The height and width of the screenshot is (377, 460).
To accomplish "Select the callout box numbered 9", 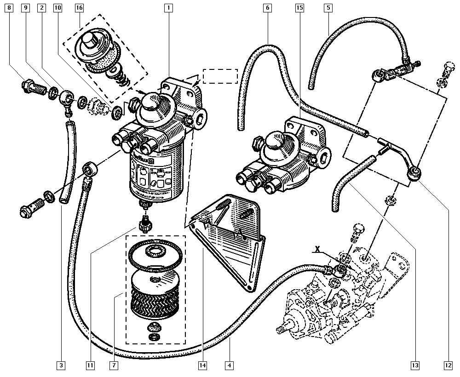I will (x=26, y=8).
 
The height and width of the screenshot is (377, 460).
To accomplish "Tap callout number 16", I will (x=79, y=8).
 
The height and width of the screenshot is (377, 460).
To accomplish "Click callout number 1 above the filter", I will (x=169, y=8).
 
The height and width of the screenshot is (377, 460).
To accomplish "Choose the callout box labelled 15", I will (x=299, y=8).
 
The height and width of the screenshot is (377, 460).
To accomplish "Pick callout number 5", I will (x=328, y=8).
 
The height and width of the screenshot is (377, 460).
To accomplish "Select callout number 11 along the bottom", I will (x=90, y=366).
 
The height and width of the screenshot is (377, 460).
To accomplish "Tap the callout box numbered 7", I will (x=113, y=366).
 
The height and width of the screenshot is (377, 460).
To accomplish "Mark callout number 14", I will (x=202, y=366).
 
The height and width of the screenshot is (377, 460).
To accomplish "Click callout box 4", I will (x=229, y=366).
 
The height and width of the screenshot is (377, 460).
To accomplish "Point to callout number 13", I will (x=415, y=366).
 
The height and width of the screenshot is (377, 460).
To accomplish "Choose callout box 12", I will (x=448, y=366).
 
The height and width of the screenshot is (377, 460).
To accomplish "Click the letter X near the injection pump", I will (x=317, y=249).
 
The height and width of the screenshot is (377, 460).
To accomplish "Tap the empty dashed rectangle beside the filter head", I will (x=220, y=76).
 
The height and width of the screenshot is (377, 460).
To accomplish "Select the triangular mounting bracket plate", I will (x=230, y=244).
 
